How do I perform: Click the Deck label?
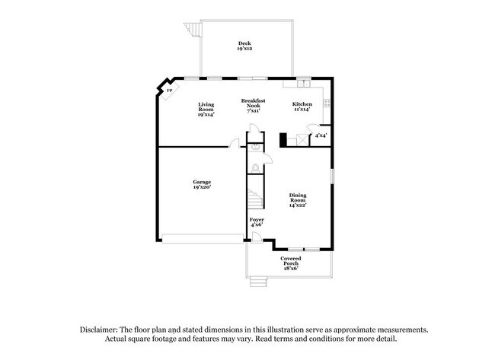(244, 46)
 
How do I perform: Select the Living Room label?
(206, 110)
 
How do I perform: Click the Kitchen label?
(302, 107)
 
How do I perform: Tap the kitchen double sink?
(302, 81)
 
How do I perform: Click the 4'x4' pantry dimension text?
(321, 135)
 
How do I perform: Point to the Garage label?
(201, 185)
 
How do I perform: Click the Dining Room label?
(298, 199)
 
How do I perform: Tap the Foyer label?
(257, 221)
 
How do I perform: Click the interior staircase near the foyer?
(254, 199)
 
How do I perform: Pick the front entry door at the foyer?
(257, 239)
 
